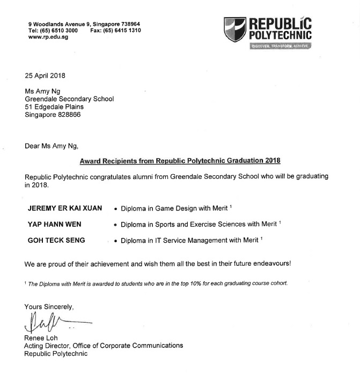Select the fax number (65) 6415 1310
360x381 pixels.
(x=124, y=31)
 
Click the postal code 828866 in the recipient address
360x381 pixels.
(x=69, y=115)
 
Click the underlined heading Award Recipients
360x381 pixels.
(x=180, y=160)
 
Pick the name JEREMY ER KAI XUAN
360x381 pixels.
(x=64, y=208)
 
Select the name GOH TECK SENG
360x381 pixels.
(x=56, y=241)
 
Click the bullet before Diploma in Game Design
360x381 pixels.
(x=116, y=208)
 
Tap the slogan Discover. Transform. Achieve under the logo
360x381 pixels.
(x=280, y=46)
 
